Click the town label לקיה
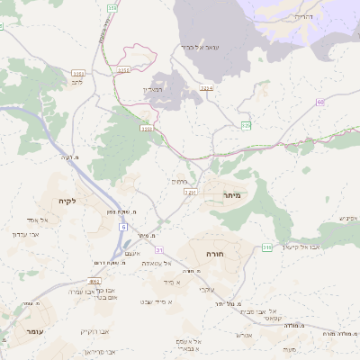tap(65, 201)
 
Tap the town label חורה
tap(214, 255)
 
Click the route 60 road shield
tap(320, 103)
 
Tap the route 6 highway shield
tap(121, 228)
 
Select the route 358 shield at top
tap(112, 7)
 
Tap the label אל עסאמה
tap(157, 263)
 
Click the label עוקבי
tap(206, 288)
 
